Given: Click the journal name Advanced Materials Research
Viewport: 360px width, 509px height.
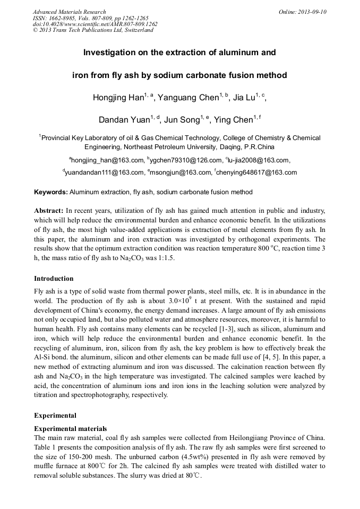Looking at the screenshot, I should pos(69,12).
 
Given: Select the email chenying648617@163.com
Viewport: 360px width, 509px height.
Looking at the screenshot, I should pos(256,172).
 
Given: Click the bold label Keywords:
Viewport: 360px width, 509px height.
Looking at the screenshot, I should pos(51,192).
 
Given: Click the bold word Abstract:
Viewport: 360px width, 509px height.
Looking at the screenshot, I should pos(49,211).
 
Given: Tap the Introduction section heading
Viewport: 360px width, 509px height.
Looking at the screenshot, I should pos(54,279).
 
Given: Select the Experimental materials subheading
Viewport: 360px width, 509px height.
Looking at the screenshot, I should pos(70,428).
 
